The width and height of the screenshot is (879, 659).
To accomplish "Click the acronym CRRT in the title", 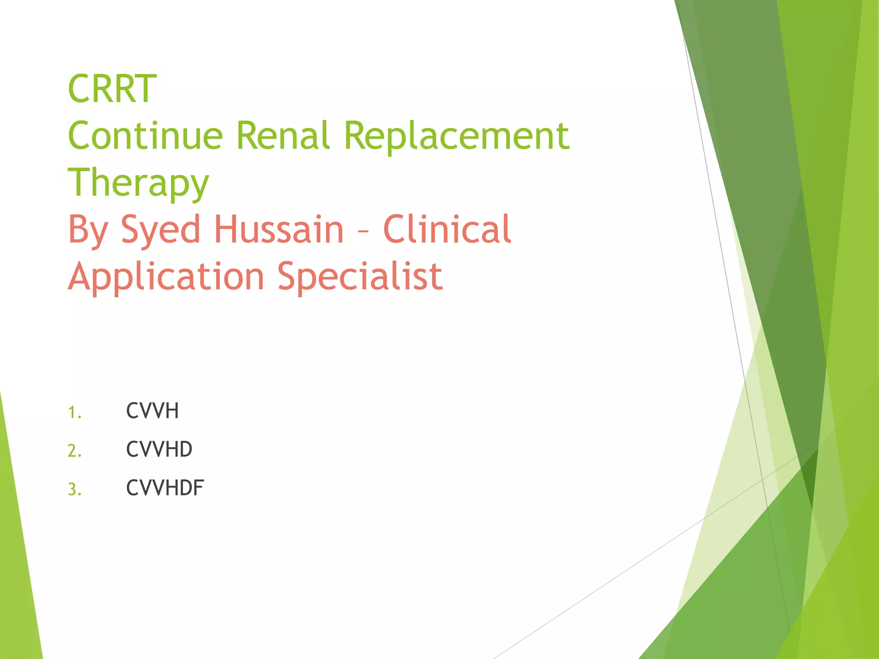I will [x=112, y=89].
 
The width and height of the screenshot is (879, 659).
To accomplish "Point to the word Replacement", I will [x=457, y=136].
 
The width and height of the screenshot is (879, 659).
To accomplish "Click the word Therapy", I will [x=138, y=183].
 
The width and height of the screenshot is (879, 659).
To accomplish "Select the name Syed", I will [x=161, y=230].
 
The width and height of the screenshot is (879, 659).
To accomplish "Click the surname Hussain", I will [x=279, y=229].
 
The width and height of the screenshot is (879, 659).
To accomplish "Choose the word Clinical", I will [x=447, y=229].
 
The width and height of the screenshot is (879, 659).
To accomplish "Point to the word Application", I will [x=166, y=277].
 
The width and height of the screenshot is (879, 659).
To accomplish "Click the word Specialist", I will [x=360, y=277].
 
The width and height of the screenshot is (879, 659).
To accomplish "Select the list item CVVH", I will [x=152, y=411].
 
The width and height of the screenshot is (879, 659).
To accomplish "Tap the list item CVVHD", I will [x=159, y=449].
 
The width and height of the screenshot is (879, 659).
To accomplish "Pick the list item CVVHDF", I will [x=165, y=488].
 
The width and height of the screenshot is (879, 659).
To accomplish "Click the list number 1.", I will [x=74, y=413].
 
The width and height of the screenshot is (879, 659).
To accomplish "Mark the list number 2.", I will [x=74, y=451].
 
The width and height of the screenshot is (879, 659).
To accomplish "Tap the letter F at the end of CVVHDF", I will [x=199, y=488].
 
